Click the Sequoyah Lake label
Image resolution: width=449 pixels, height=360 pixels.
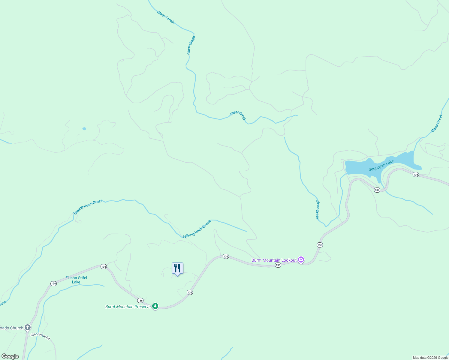click(x=381, y=165)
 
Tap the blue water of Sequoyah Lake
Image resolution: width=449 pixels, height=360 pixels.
click(x=357, y=167)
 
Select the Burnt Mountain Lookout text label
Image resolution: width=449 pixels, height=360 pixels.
click(x=274, y=260)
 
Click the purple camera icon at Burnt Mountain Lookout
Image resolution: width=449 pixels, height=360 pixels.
click(x=301, y=260)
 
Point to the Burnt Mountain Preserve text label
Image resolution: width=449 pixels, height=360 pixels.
click(x=128, y=307)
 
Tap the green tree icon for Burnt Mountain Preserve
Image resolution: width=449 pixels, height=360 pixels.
click(x=155, y=306)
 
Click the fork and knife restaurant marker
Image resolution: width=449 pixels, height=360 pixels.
click(x=177, y=268)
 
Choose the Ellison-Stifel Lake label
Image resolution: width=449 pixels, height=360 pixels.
click(x=76, y=280)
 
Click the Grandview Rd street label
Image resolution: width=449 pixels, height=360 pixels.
click(x=40, y=336)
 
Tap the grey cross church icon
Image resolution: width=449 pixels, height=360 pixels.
click(x=28, y=327)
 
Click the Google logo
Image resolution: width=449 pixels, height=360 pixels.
click(x=10, y=356)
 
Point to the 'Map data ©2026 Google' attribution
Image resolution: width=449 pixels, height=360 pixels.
click(x=430, y=358)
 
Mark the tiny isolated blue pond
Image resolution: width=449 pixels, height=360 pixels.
click(x=84, y=129)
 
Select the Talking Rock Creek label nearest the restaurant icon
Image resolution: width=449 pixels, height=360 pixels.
click(x=197, y=229)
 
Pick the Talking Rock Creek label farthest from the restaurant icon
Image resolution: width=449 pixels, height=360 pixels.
click(x=88, y=207)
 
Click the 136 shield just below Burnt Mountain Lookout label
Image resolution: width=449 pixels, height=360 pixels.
click(x=278, y=265)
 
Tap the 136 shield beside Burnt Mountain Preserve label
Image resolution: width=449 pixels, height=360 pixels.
click(x=140, y=300)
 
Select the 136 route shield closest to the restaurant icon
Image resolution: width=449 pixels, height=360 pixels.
click(x=190, y=292)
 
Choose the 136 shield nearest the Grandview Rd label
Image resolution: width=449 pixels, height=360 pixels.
click(x=53, y=283)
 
